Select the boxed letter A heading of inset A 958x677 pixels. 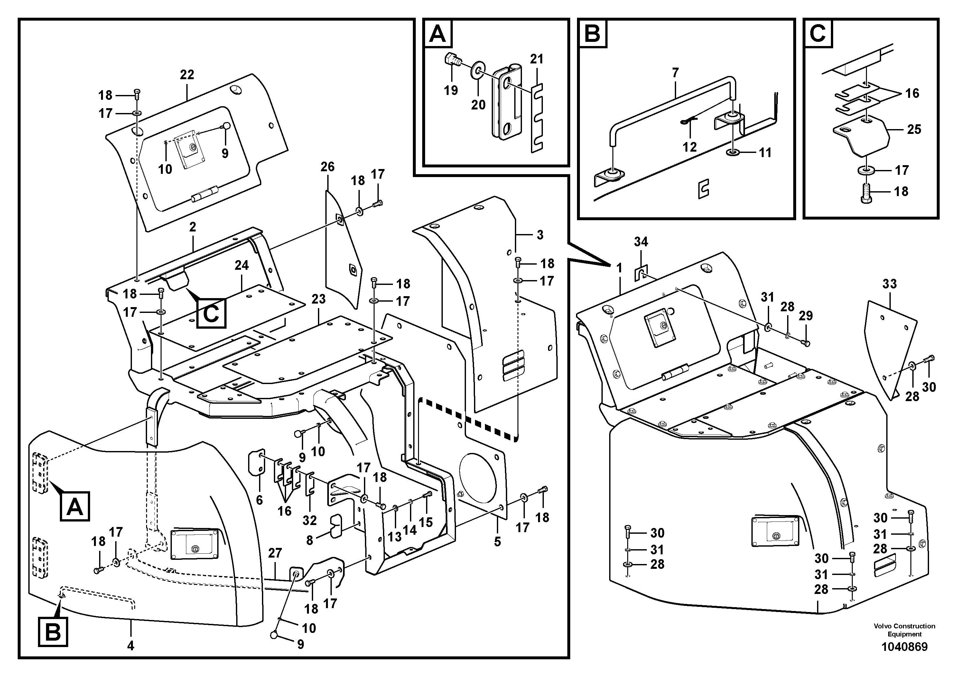point(437,34)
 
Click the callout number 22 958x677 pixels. point(187,75)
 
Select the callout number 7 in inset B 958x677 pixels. point(675,73)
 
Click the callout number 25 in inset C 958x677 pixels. point(914,129)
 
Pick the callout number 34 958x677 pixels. point(641,242)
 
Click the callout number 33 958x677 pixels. point(889,284)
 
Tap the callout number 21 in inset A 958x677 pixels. point(537,59)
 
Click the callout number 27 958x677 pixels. point(275,553)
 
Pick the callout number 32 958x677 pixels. point(310,521)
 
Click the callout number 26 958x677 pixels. point(328,167)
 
